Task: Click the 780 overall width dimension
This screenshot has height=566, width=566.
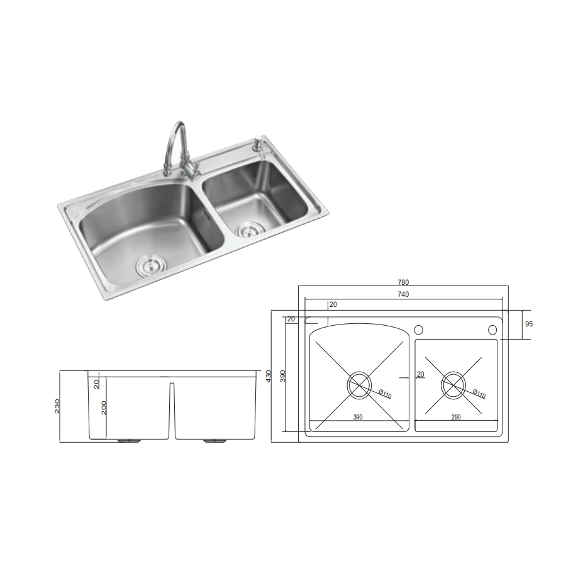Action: click(403, 282)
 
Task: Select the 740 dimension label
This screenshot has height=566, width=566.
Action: click(403, 294)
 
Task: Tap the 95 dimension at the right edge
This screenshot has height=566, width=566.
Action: click(528, 324)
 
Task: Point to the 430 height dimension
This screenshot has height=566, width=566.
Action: click(268, 376)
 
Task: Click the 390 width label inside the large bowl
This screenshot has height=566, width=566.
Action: click(358, 417)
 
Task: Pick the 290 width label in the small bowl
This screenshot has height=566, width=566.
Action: click(456, 417)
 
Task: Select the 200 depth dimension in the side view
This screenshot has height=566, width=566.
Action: click(104, 408)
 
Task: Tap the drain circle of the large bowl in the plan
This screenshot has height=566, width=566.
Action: click(359, 385)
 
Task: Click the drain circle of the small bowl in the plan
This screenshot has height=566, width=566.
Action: click(453, 385)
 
